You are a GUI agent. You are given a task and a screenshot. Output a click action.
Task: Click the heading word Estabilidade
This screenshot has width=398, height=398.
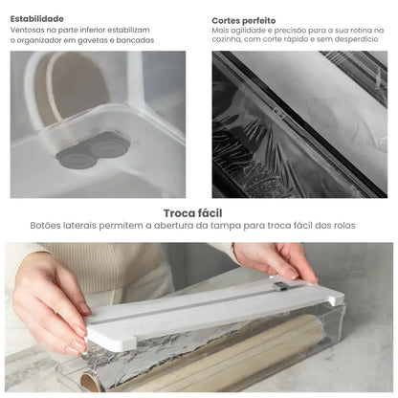coord(37,18)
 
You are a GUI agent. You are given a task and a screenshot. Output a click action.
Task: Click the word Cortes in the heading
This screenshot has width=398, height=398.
coord(230,18)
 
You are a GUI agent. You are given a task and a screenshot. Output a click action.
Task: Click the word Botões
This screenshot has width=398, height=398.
coord(47,227)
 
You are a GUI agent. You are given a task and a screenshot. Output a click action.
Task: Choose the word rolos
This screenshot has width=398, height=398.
coord(348,227)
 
